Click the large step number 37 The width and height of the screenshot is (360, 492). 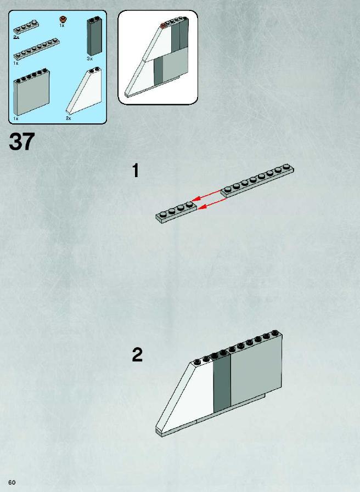click(21, 142)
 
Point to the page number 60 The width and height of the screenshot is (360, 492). click(12, 482)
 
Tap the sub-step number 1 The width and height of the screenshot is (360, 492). click(136, 171)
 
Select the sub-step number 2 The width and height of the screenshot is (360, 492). click(137, 355)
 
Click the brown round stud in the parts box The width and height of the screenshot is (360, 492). click(64, 19)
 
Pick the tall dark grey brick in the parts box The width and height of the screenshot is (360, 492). click(94, 37)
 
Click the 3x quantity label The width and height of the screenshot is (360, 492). click(90, 59)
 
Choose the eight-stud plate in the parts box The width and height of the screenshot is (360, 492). click(36, 49)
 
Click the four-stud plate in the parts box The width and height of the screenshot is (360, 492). click(26, 27)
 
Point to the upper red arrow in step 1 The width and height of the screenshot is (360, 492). click(206, 195)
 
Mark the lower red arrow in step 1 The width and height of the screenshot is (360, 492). click(212, 203)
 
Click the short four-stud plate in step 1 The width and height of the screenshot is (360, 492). click(176, 212)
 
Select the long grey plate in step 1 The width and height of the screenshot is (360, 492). click(257, 180)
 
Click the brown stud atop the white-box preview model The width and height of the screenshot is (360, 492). click(163, 25)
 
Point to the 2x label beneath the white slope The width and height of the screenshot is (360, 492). click(69, 118)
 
